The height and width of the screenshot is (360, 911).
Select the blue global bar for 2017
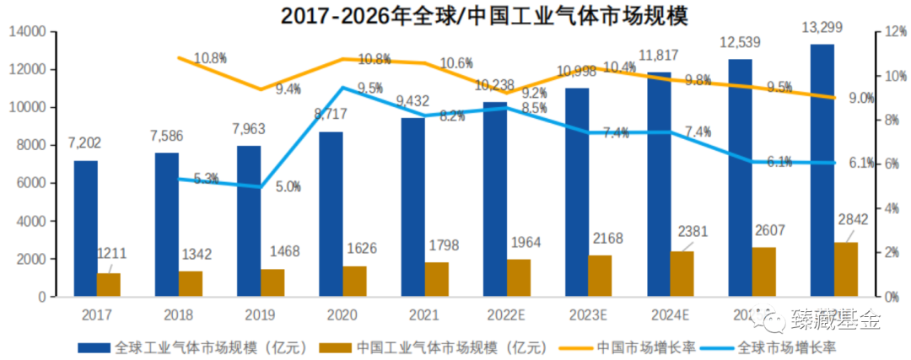(85, 228)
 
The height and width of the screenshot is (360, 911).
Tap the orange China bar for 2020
(354, 282)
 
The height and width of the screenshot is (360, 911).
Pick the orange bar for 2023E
(600, 276)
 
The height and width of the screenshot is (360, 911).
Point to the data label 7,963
(249, 131)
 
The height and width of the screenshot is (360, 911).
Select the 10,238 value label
(496, 85)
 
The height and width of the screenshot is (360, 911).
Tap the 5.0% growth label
(288, 187)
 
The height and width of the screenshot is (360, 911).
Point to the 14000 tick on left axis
(27, 32)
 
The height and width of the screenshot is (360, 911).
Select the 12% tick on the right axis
(895, 32)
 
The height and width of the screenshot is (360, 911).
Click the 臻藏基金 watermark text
(835, 320)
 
